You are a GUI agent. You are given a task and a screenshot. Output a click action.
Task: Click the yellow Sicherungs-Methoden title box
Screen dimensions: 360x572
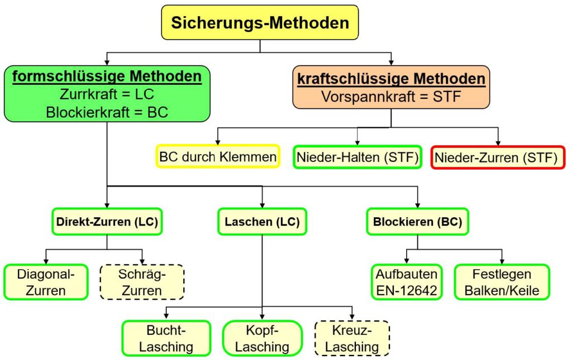tap(260, 23)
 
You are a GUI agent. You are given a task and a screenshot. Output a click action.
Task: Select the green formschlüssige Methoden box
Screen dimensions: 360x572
tap(107, 94)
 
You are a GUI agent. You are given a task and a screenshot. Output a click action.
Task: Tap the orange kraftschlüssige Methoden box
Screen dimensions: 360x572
tap(391, 87)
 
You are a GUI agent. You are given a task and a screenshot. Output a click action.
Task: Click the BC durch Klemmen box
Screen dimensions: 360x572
tap(217, 157)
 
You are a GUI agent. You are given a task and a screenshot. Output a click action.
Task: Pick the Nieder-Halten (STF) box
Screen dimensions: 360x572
tap(357, 157)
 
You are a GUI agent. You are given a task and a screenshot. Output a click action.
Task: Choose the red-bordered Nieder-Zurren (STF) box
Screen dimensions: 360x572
tap(498, 157)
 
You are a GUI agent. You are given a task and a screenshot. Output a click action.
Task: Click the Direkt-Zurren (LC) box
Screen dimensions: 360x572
tap(107, 222)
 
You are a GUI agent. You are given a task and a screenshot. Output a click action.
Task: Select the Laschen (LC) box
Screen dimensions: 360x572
tap(262, 222)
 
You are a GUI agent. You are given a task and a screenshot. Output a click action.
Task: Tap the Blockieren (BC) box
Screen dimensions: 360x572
tap(418, 222)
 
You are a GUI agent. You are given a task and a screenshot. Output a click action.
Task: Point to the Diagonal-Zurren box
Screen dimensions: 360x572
tap(46, 282)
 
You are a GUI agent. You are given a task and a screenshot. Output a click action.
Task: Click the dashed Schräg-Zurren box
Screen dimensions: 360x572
tap(142, 282)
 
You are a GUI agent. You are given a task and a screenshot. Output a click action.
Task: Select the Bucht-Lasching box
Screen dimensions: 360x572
tap(166, 338)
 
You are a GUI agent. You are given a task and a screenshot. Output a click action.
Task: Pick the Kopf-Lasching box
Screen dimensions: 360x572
tap(262, 338)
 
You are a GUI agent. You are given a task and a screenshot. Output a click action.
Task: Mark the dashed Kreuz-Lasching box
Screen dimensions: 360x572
tap(352, 338)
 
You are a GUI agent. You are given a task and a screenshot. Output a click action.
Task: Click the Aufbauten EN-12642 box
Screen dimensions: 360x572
tap(406, 282)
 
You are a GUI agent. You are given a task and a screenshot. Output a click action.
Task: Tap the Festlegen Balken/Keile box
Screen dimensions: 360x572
tap(502, 282)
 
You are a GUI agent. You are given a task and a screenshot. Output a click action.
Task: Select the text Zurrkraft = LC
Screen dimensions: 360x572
tap(107, 94)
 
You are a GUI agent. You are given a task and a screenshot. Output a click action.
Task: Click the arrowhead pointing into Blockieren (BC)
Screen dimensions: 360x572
tap(418, 205)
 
